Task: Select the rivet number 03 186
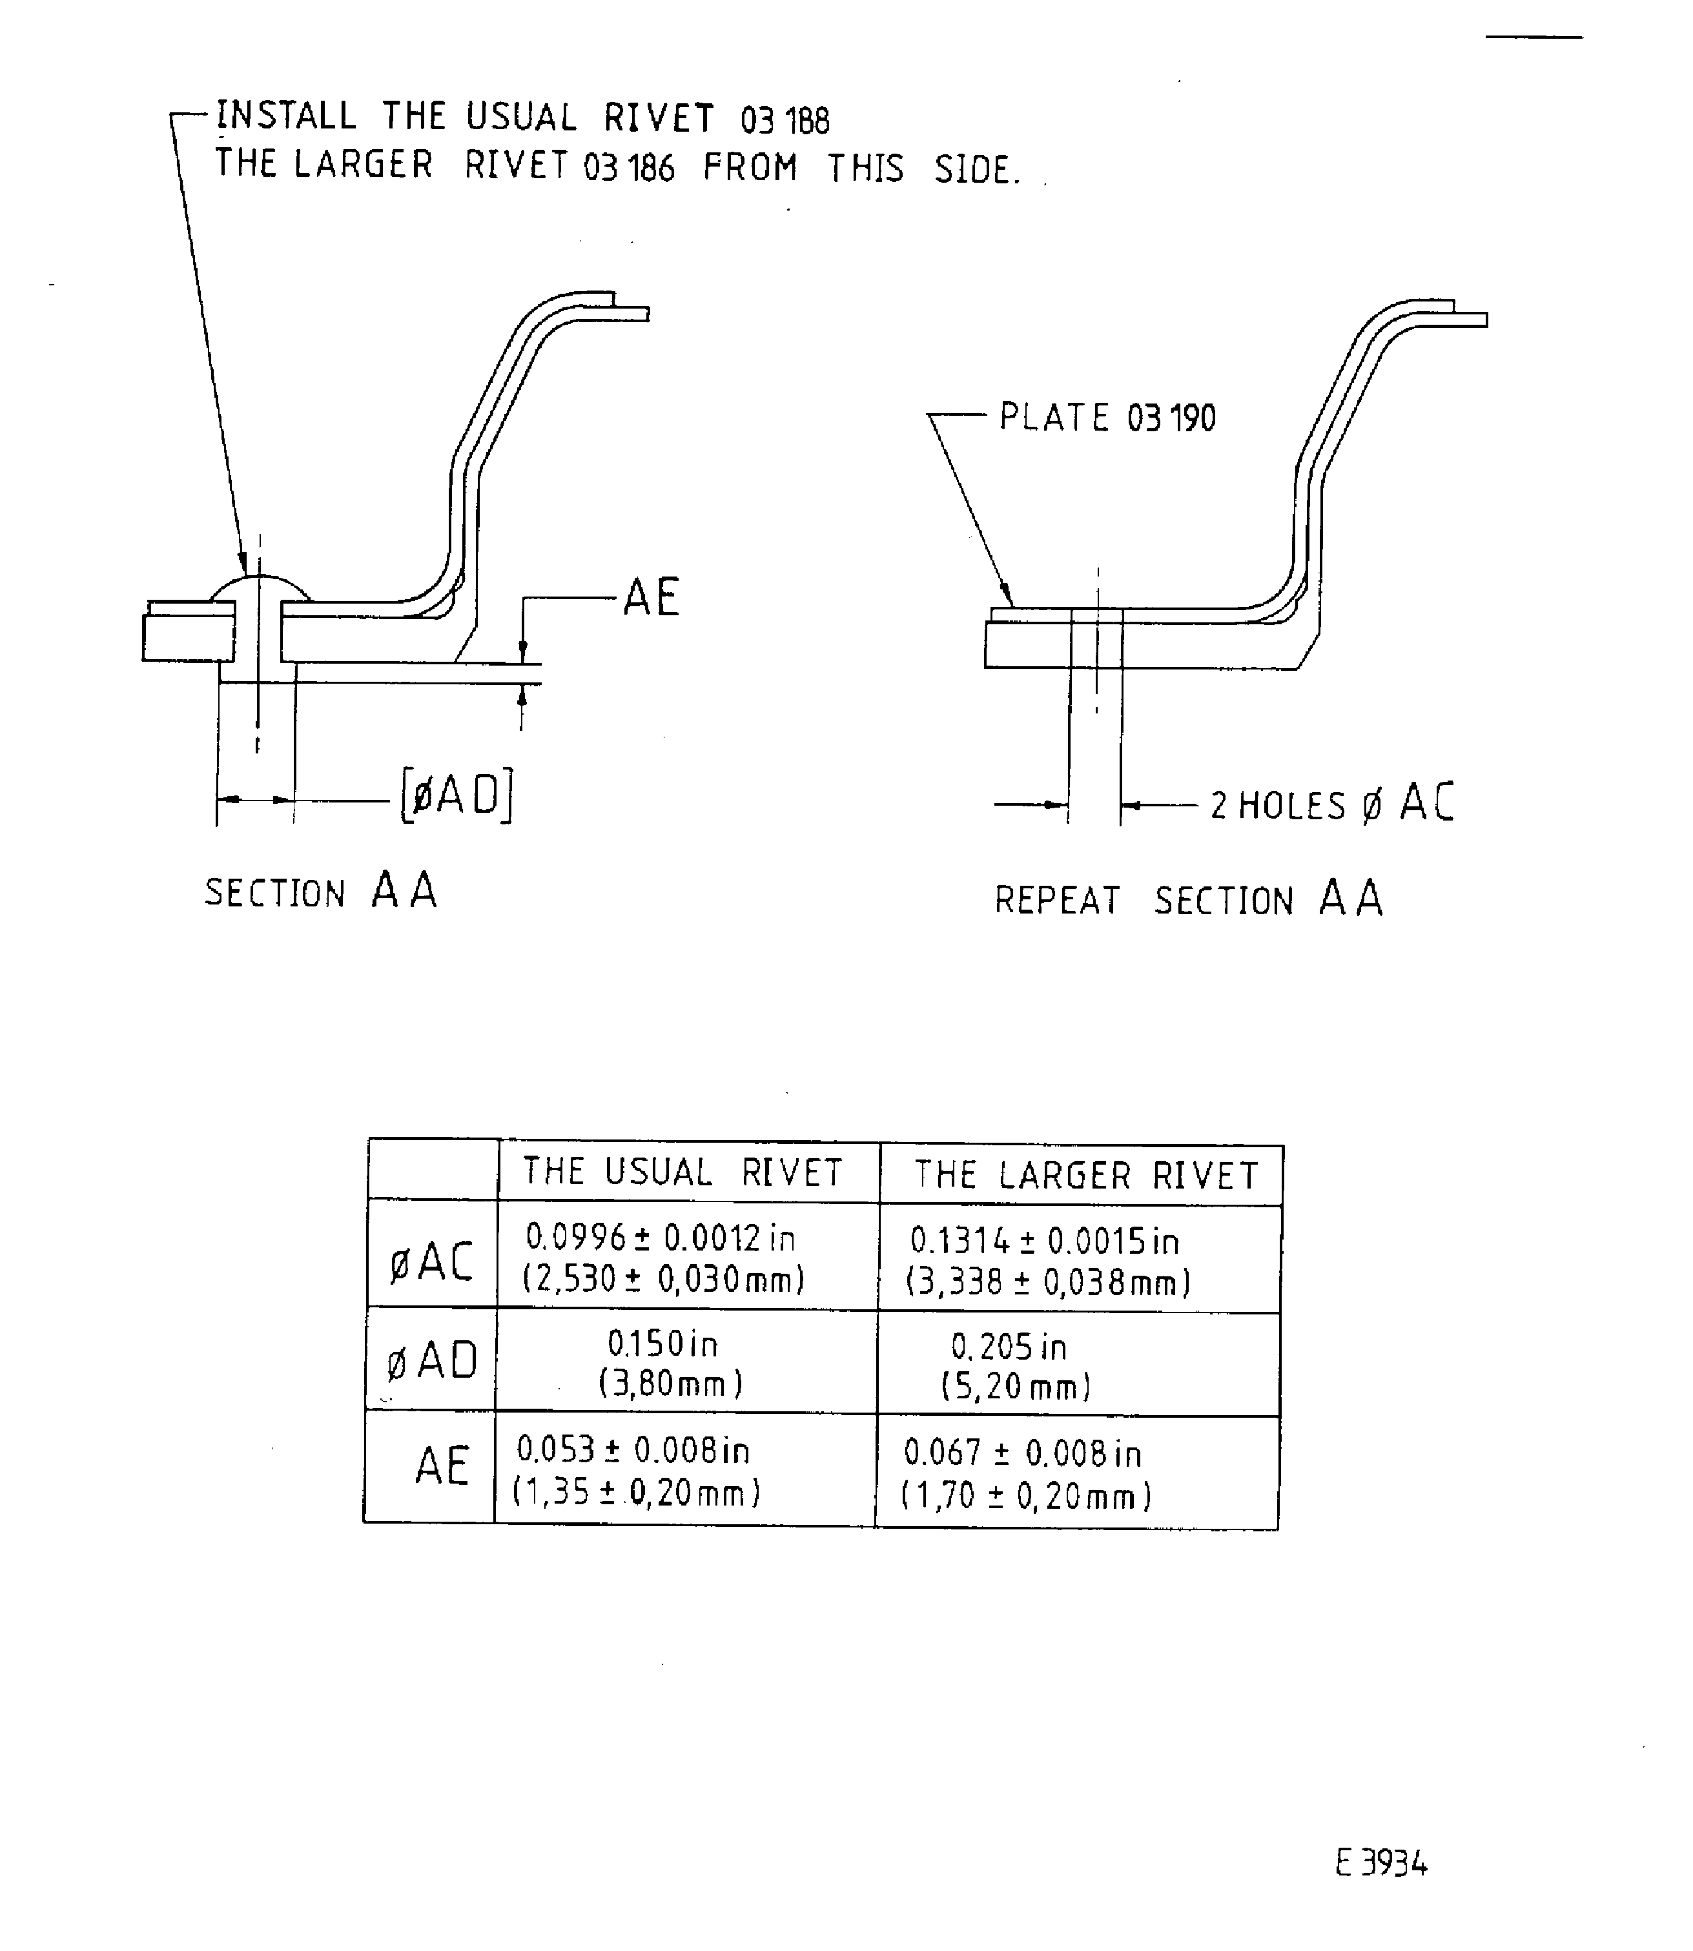click(629, 168)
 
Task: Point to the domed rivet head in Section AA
click(260, 589)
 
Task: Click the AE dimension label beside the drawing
click(651, 597)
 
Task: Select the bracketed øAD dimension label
click(457, 795)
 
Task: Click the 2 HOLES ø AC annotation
click(1331, 803)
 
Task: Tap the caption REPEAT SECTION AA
click(1187, 899)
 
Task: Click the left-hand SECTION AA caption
click(321, 891)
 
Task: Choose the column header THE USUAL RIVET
click(683, 1172)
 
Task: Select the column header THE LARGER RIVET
click(1085, 1176)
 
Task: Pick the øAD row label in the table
click(432, 1362)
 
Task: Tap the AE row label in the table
click(441, 1466)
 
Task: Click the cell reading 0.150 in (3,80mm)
click(670, 1364)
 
